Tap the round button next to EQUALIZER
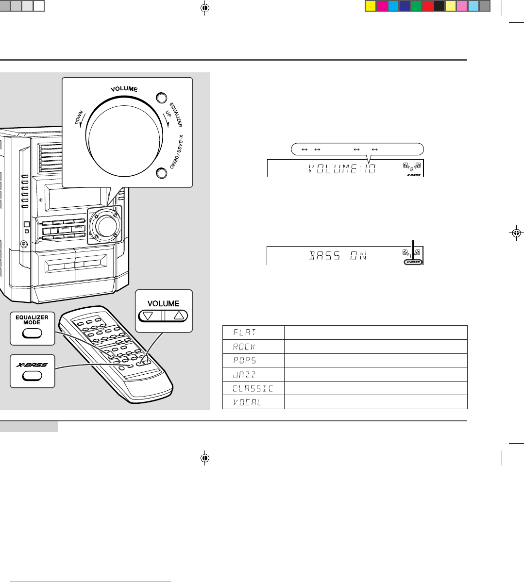[x=161, y=98]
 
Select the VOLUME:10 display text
[x=342, y=169]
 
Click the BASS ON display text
[x=338, y=256]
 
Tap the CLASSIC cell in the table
[x=253, y=388]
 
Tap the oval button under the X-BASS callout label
[x=32, y=376]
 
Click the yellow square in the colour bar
[x=370, y=6]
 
